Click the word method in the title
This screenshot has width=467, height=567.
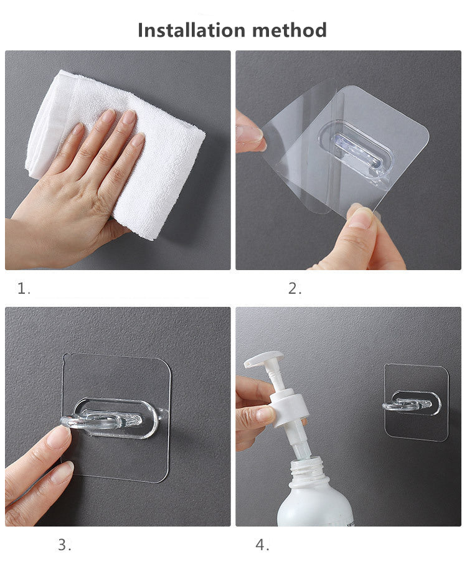pos(290,30)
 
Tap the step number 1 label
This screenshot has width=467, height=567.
pos(24,289)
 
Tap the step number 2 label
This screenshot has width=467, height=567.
pos(295,289)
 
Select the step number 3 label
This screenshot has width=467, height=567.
pos(64,545)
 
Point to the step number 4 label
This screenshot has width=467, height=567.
pos(262,545)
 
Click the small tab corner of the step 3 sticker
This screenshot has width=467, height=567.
pos(65,357)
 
